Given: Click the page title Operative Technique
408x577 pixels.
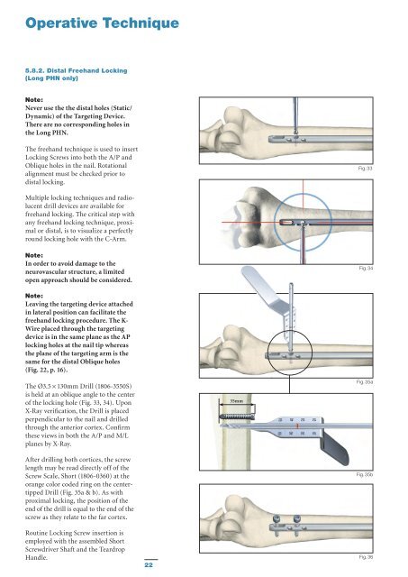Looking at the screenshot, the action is pyautogui.click(x=102, y=23).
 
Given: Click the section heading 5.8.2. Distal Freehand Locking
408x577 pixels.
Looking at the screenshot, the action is pyautogui.click(x=76, y=70).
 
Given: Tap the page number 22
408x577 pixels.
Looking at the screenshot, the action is pyautogui.click(x=149, y=564).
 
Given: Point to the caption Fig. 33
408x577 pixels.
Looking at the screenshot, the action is pyautogui.click(x=366, y=169).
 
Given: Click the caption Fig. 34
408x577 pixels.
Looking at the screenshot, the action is pyautogui.click(x=366, y=268).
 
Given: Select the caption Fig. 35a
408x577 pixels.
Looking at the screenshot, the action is pyautogui.click(x=365, y=382).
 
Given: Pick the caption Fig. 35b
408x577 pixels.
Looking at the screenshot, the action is pyautogui.click(x=365, y=475).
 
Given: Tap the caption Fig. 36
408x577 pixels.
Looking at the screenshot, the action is pyautogui.click(x=366, y=557).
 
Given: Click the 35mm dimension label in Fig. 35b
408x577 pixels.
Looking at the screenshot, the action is pyautogui.click(x=236, y=400).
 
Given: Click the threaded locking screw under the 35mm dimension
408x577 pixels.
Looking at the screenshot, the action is pyautogui.click(x=237, y=417).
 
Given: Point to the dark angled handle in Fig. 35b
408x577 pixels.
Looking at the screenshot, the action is pyautogui.click(x=334, y=449).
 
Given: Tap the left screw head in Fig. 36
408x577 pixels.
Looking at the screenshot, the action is pyautogui.click(x=277, y=519).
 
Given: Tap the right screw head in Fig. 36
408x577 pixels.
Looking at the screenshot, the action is pyautogui.click(x=296, y=519).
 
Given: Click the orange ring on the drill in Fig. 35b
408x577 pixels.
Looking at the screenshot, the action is pyautogui.click(x=297, y=426).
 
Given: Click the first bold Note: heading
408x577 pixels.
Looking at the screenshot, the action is pyautogui.click(x=34, y=100).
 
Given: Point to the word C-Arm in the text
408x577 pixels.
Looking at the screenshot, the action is pyautogui.click(x=116, y=239).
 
